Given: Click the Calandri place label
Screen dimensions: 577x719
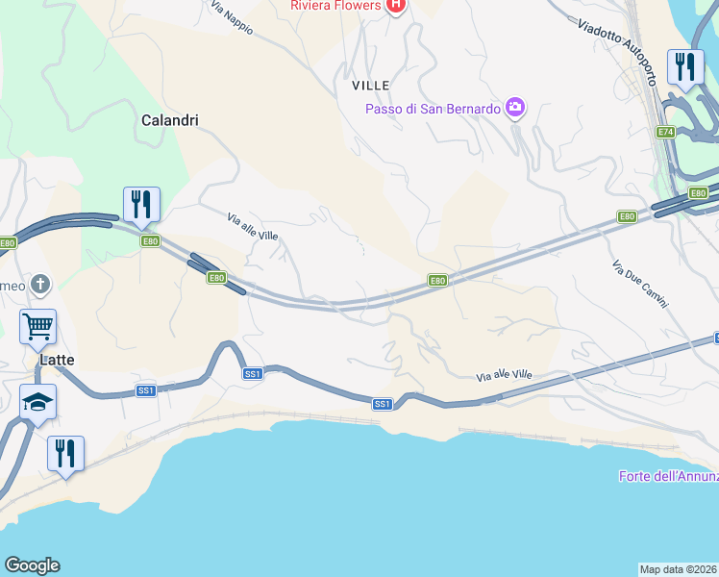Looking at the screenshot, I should (169, 120).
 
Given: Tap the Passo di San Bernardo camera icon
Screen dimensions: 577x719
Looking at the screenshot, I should (515, 108).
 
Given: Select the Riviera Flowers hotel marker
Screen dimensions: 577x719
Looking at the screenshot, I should (394, 7).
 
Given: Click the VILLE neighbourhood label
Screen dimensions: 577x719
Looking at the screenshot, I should (370, 86).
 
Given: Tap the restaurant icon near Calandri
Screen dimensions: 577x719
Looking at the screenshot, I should (141, 204).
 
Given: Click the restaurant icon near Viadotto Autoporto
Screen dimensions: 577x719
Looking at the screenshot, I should (685, 67).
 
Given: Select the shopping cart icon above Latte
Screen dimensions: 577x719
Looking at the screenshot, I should (37, 326).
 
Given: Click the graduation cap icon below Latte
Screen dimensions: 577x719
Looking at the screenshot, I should (37, 402).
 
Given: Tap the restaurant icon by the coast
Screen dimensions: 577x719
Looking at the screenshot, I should (65, 453).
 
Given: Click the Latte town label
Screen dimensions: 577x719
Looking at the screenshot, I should (58, 360).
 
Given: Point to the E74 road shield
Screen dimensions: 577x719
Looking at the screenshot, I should (666, 131).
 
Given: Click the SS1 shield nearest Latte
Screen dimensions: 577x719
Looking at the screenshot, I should (146, 390).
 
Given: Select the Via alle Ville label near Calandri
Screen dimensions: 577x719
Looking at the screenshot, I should (253, 228).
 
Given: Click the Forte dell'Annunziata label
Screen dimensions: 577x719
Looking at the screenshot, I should (667, 476).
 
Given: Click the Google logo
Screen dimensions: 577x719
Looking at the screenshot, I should (32, 565).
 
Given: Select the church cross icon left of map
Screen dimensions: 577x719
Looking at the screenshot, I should (38, 284).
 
